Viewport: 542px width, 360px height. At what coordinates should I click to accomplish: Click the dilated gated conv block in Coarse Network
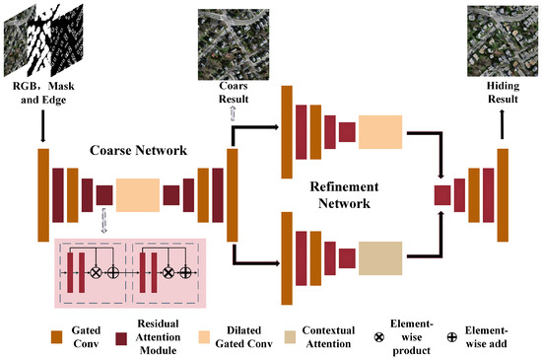coord(137,194)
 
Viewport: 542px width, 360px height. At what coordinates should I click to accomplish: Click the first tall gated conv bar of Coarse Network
coord(43,194)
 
